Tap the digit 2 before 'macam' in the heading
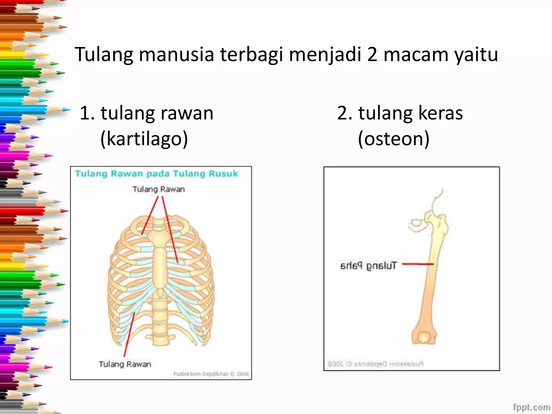point(372,54)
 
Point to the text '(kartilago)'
point(144,139)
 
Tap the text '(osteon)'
point(394,139)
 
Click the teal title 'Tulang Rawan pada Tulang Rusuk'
point(156,174)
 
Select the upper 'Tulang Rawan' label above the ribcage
point(158,189)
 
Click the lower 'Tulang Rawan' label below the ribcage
point(125,364)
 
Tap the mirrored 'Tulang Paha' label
point(368,266)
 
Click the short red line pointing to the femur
point(417,264)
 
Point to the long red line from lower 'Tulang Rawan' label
point(129,334)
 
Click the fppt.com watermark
point(531,407)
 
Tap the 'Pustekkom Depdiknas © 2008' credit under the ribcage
point(211,374)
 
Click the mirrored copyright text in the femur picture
point(375,364)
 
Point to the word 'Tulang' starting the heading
point(104,55)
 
